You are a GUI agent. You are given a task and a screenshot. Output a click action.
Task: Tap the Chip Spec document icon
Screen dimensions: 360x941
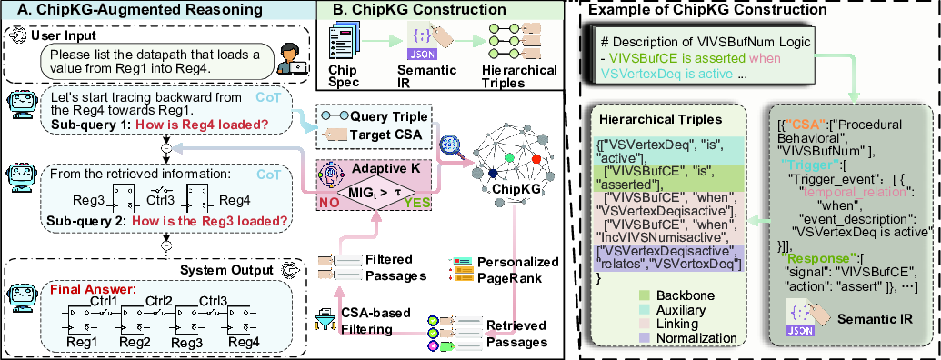point(340,42)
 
